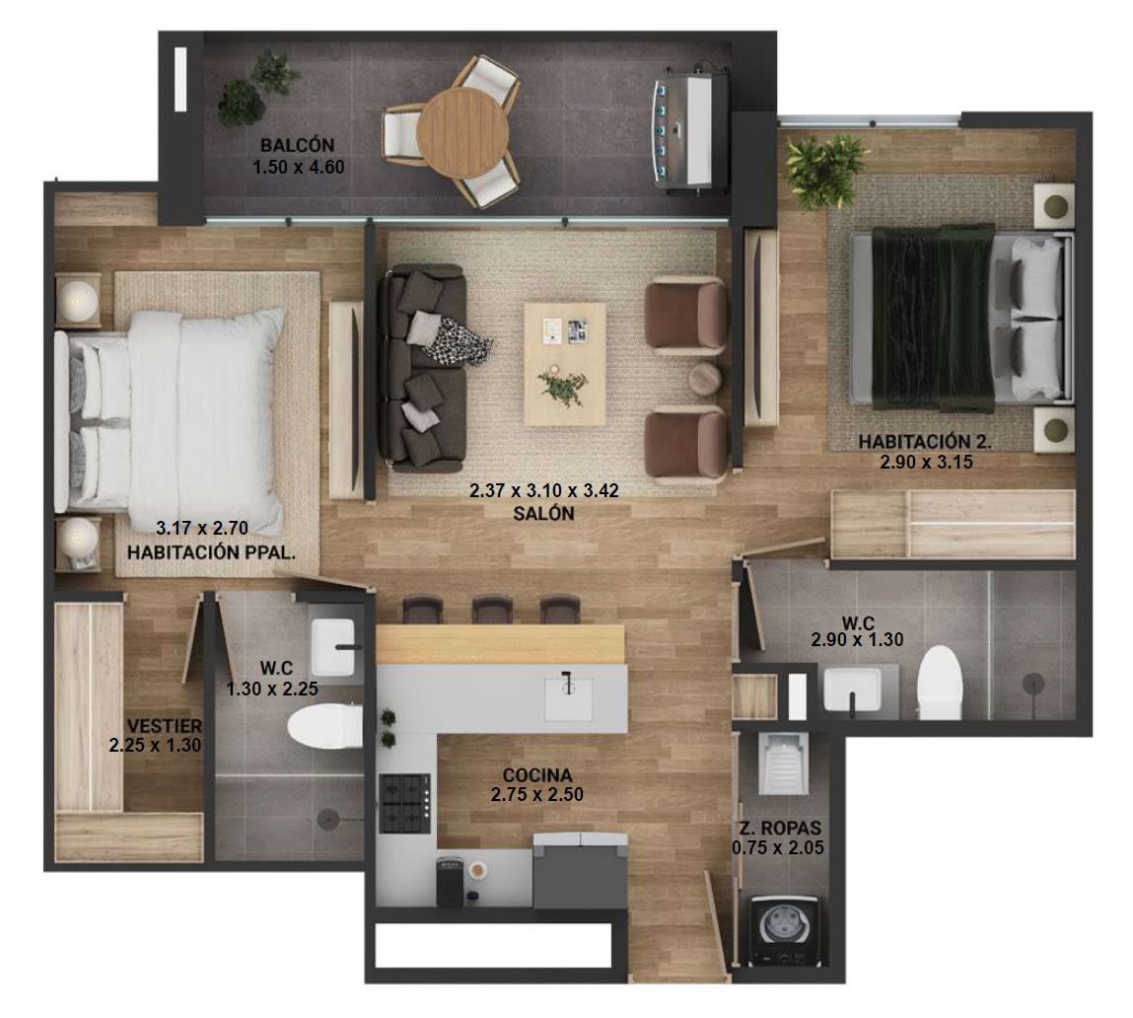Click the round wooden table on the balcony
[463, 132]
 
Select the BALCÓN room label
[298, 144]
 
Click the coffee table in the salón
[564, 364]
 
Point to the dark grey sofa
[423, 369]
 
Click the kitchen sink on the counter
[568, 697]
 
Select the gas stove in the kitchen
[405, 803]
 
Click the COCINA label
[536, 775]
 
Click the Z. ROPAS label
[780, 828]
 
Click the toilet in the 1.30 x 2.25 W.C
[325, 727]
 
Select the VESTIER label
[165, 725]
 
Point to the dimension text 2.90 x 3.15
[926, 462]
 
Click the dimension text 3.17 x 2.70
[202, 528]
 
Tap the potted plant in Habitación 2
[823, 170]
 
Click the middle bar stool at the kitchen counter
[492, 610]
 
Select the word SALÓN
[543, 513]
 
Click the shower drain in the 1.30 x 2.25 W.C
[328, 819]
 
